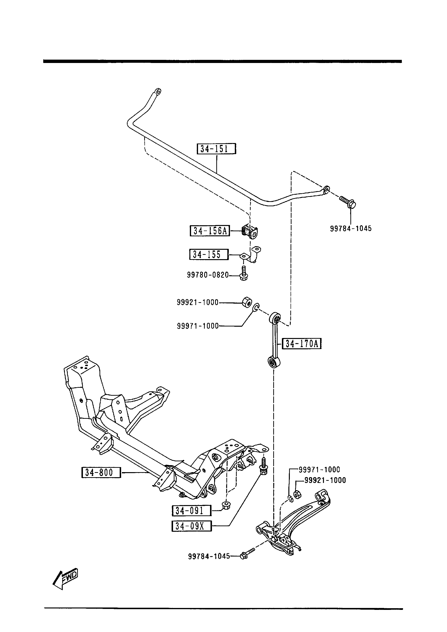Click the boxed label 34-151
click(x=216, y=149)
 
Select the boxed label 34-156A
click(x=210, y=231)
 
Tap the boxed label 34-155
click(x=209, y=254)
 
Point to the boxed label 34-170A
click(x=302, y=344)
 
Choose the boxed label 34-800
click(x=101, y=472)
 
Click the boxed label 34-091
click(x=191, y=511)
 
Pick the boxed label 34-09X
click(x=191, y=526)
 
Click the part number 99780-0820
click(x=208, y=275)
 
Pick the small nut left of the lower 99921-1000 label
click(x=297, y=495)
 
